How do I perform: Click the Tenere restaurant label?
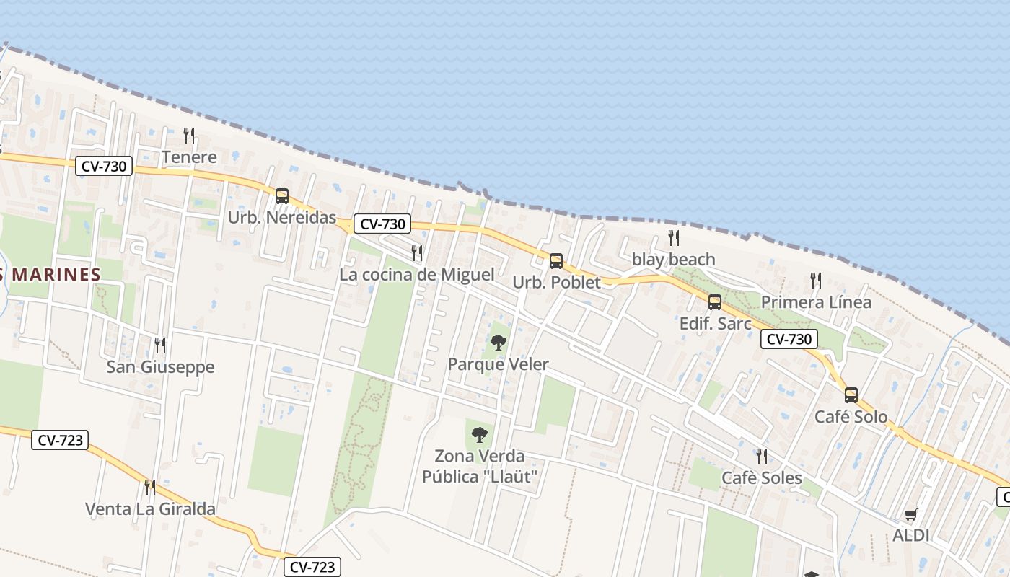pyautogui.click(x=189, y=157)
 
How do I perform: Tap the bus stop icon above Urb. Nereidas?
pyautogui.click(x=282, y=196)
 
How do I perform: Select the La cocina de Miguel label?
pyautogui.click(x=417, y=275)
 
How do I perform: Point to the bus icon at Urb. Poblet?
pyautogui.click(x=555, y=261)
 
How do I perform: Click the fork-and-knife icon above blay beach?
pyautogui.click(x=673, y=238)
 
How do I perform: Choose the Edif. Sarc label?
pyautogui.click(x=715, y=324)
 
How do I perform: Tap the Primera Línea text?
pyautogui.click(x=816, y=302)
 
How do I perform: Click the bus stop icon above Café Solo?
pyautogui.click(x=851, y=395)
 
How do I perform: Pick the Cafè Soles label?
pyautogui.click(x=762, y=478)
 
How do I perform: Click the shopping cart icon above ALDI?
pyautogui.click(x=910, y=514)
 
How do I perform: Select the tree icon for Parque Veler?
pyautogui.click(x=498, y=343)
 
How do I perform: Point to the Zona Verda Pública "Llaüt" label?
pyautogui.click(x=480, y=467)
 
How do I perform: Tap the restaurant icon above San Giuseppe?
pyautogui.click(x=160, y=345)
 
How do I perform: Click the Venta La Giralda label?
pyautogui.click(x=150, y=509)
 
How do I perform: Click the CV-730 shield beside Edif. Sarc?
pyautogui.click(x=789, y=339)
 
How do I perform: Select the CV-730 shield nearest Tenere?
pyautogui.click(x=105, y=167)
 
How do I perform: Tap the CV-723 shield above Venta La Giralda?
pyautogui.click(x=59, y=439)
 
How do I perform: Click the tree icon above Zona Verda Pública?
pyautogui.click(x=480, y=435)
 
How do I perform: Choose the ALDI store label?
pyautogui.click(x=910, y=535)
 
